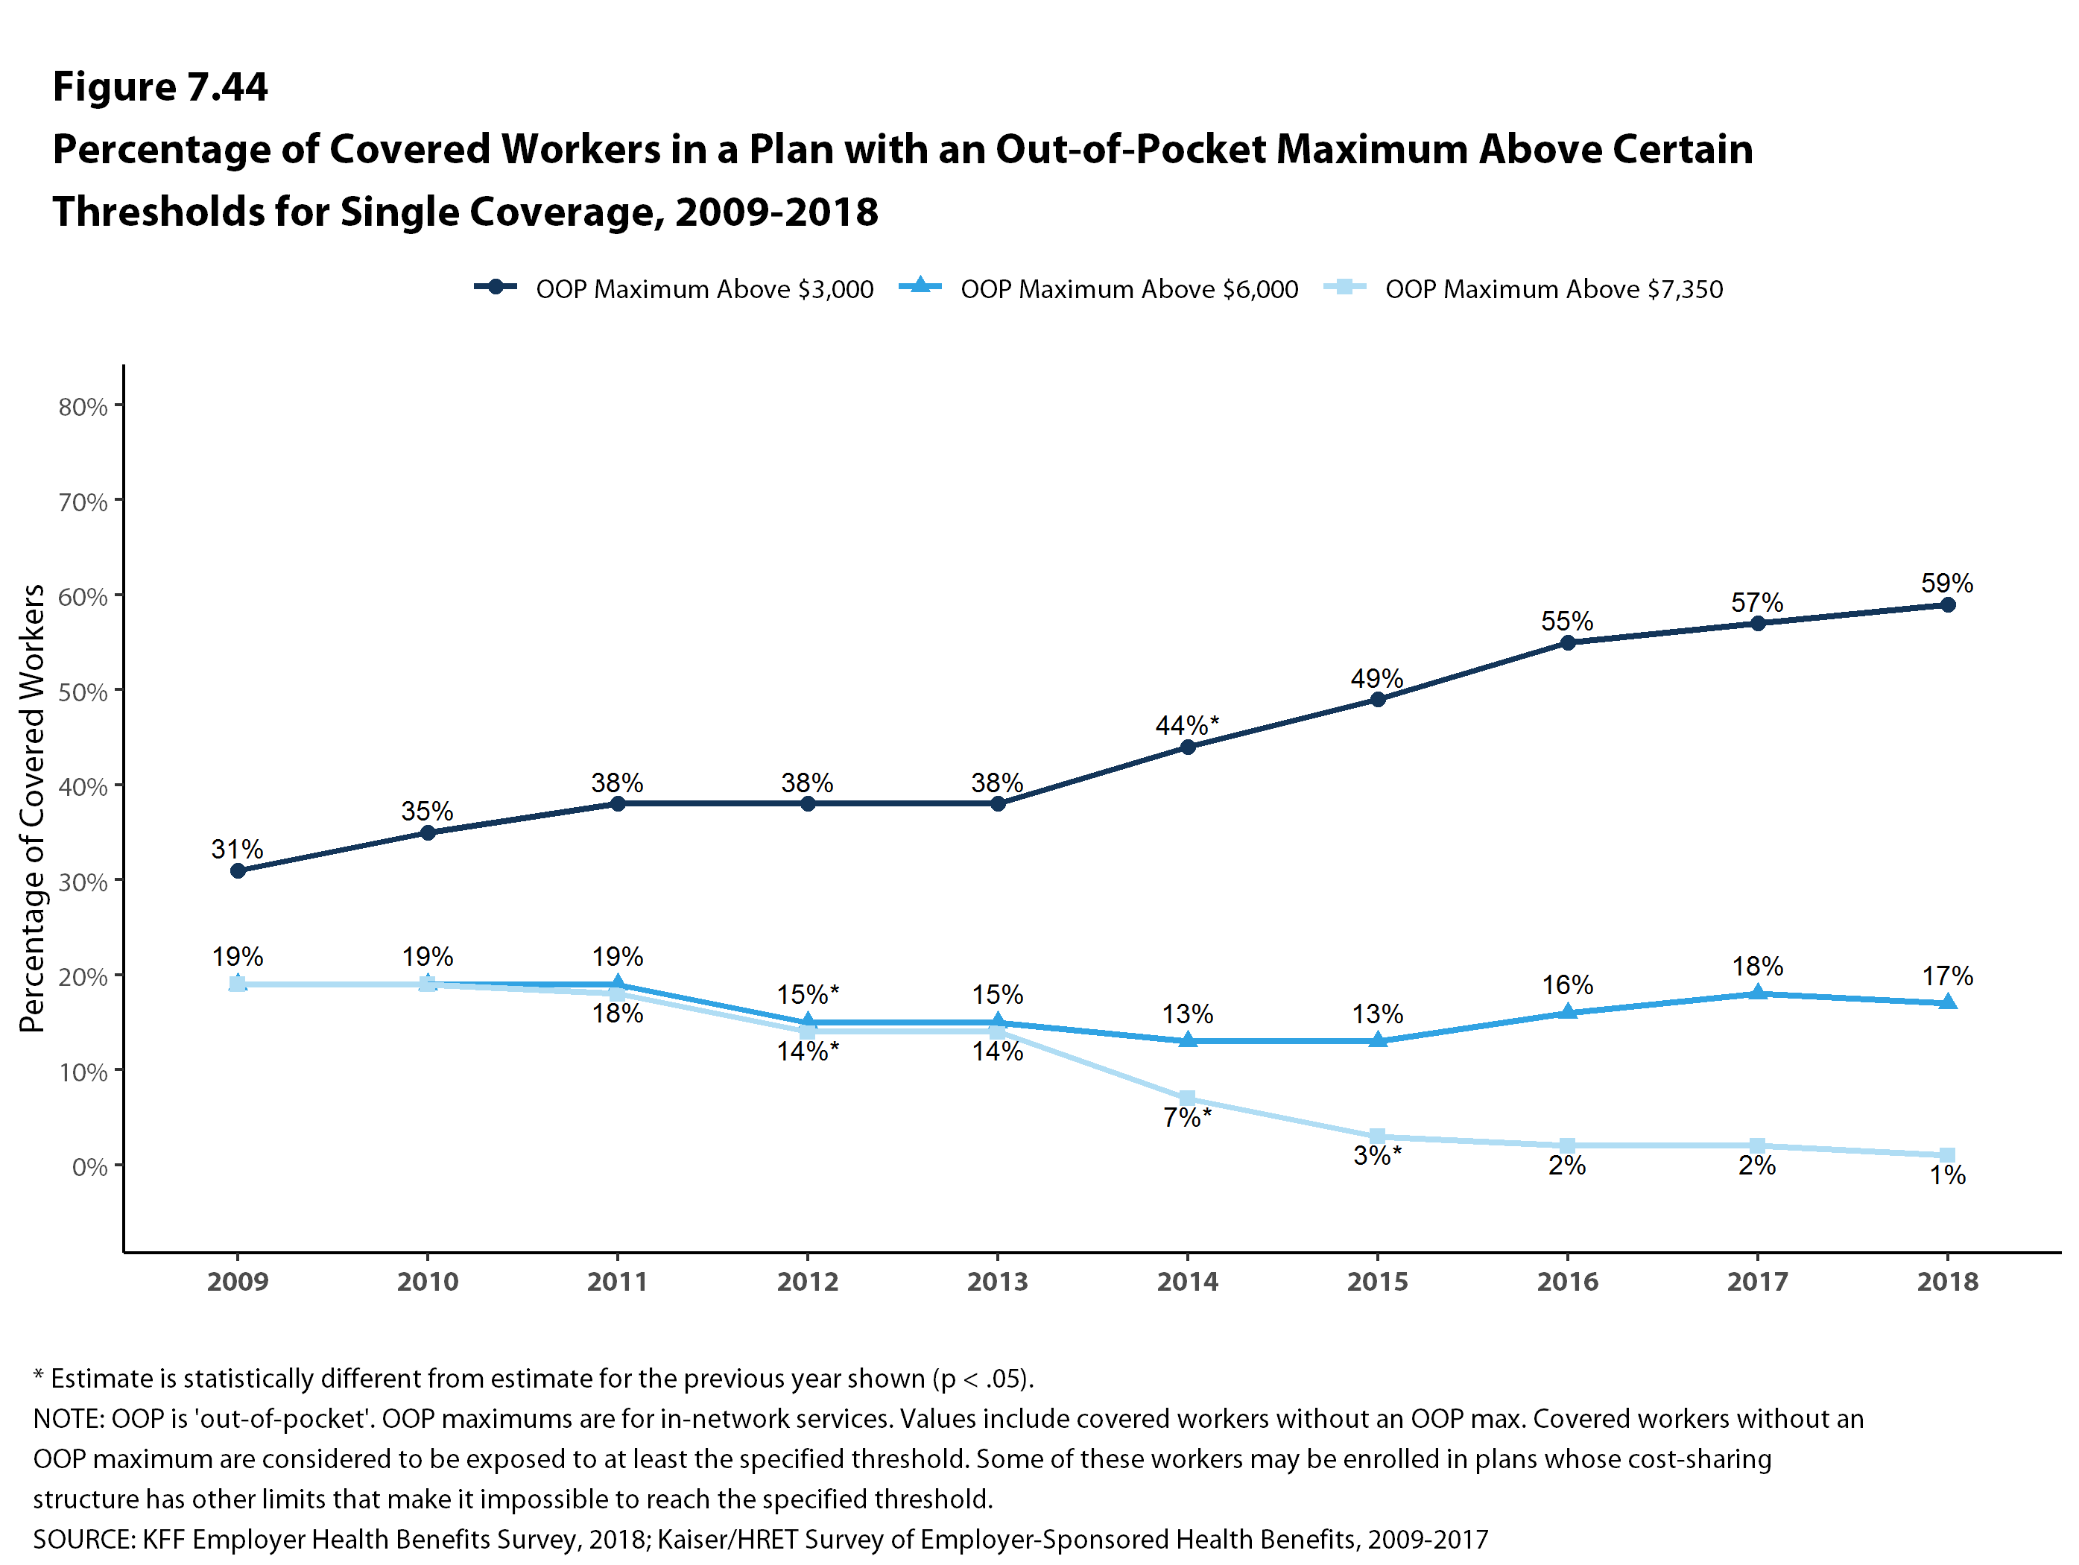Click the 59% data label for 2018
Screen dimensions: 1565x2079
pyautogui.click(x=1946, y=584)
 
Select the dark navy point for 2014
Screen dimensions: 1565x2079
pyautogui.click(x=1188, y=747)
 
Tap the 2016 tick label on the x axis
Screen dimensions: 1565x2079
pyautogui.click(x=1568, y=1281)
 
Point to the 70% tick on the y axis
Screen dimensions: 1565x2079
pyautogui.click(x=83, y=502)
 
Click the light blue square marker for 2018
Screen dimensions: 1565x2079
pyautogui.click(x=1947, y=1155)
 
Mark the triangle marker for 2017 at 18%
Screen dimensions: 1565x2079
pyautogui.click(x=1758, y=993)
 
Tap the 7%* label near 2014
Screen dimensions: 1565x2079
pyautogui.click(x=1187, y=1118)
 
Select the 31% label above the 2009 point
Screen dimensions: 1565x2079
pyautogui.click(x=237, y=850)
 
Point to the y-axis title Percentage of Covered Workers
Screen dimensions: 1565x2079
pyautogui.click(x=33, y=809)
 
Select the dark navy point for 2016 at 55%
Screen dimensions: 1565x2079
pyautogui.click(x=1568, y=643)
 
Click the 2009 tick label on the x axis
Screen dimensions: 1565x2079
pyautogui.click(x=238, y=1281)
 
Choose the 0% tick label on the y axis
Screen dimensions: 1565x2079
pyautogui.click(x=89, y=1166)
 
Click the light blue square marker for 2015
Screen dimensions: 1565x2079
pyautogui.click(x=1378, y=1136)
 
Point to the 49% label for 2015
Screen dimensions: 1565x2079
pyautogui.click(x=1377, y=679)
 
